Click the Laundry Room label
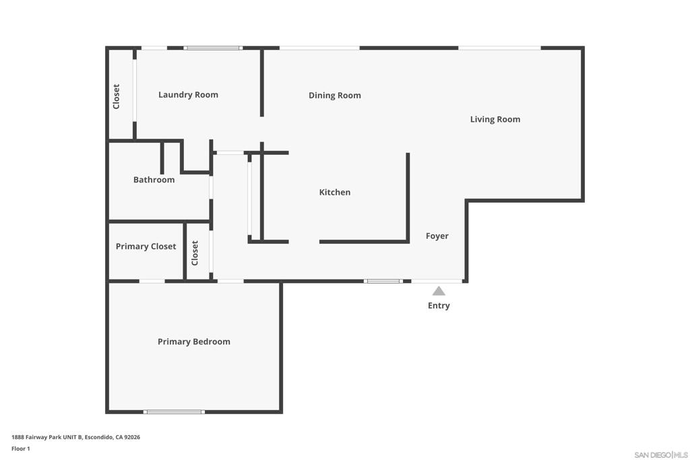[188, 95]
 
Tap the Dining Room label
[334, 96]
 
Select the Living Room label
[495, 120]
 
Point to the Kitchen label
[334, 192]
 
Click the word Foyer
[437, 236]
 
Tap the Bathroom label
[154, 180]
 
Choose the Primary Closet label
[146, 247]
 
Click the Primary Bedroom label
[193, 341]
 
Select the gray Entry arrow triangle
[438, 291]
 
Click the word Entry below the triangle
[438, 306]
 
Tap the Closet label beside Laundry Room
[116, 96]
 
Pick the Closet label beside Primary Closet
[195, 253]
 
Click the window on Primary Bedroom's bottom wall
[174, 412]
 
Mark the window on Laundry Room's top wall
[213, 48]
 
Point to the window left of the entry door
[383, 281]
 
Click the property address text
[75, 437]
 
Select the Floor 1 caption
[21, 449]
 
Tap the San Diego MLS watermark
[661, 455]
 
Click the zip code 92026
[132, 437]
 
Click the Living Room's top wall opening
[499, 48]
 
